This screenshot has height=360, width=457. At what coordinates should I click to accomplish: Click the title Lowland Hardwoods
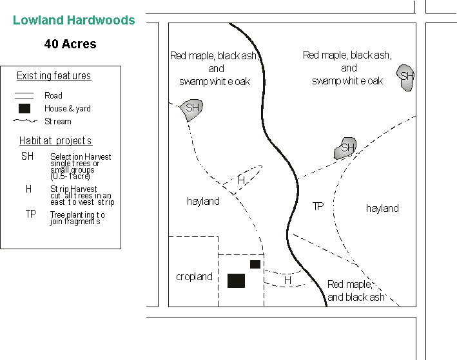click(74, 20)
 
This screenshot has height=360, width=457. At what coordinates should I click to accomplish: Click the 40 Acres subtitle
click(70, 44)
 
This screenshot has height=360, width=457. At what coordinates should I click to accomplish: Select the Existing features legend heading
click(53, 76)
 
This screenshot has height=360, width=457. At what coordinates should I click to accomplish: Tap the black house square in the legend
click(24, 108)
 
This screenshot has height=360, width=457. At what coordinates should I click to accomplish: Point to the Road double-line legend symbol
click(24, 95)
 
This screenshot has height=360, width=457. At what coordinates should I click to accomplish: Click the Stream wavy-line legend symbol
click(24, 121)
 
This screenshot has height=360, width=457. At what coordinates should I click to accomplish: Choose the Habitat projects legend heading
click(55, 141)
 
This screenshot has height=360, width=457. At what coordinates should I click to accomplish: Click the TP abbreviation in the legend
click(30, 214)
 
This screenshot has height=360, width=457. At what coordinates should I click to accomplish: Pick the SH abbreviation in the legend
click(27, 156)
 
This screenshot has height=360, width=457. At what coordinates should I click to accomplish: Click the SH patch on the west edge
click(192, 108)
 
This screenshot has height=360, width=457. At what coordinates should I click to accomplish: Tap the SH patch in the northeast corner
click(406, 76)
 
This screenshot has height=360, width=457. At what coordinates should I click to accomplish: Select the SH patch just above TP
click(347, 149)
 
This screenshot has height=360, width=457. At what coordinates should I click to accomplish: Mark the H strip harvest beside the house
click(287, 281)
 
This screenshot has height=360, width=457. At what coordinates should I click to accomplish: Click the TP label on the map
click(318, 206)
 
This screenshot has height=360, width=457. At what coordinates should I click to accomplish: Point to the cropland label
click(194, 277)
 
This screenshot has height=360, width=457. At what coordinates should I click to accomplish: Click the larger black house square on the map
click(236, 280)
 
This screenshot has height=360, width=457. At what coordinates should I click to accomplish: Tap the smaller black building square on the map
click(255, 264)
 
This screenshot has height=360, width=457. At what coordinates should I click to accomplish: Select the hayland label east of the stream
click(382, 209)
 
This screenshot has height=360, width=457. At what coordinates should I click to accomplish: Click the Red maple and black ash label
click(356, 290)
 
